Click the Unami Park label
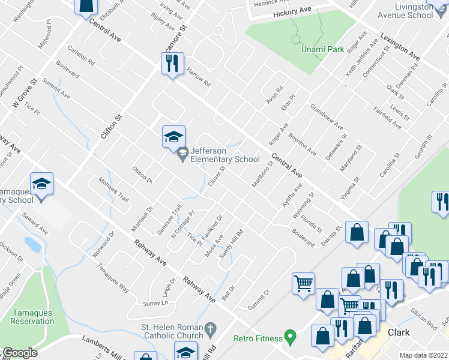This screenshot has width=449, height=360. (323, 49)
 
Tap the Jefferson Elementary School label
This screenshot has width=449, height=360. (225, 155)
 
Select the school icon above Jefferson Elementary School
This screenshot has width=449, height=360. (173, 136)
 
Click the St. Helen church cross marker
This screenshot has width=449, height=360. (209, 329)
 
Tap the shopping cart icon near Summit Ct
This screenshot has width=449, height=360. (303, 283)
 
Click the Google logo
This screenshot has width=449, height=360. (20, 353)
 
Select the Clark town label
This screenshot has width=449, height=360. (399, 332)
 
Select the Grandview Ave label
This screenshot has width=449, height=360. (327, 117)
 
